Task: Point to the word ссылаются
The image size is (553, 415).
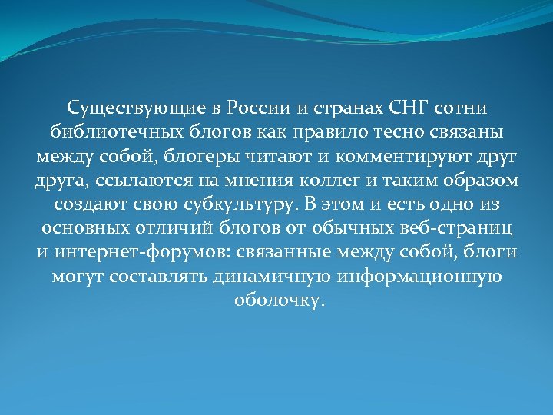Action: pos(130,182)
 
